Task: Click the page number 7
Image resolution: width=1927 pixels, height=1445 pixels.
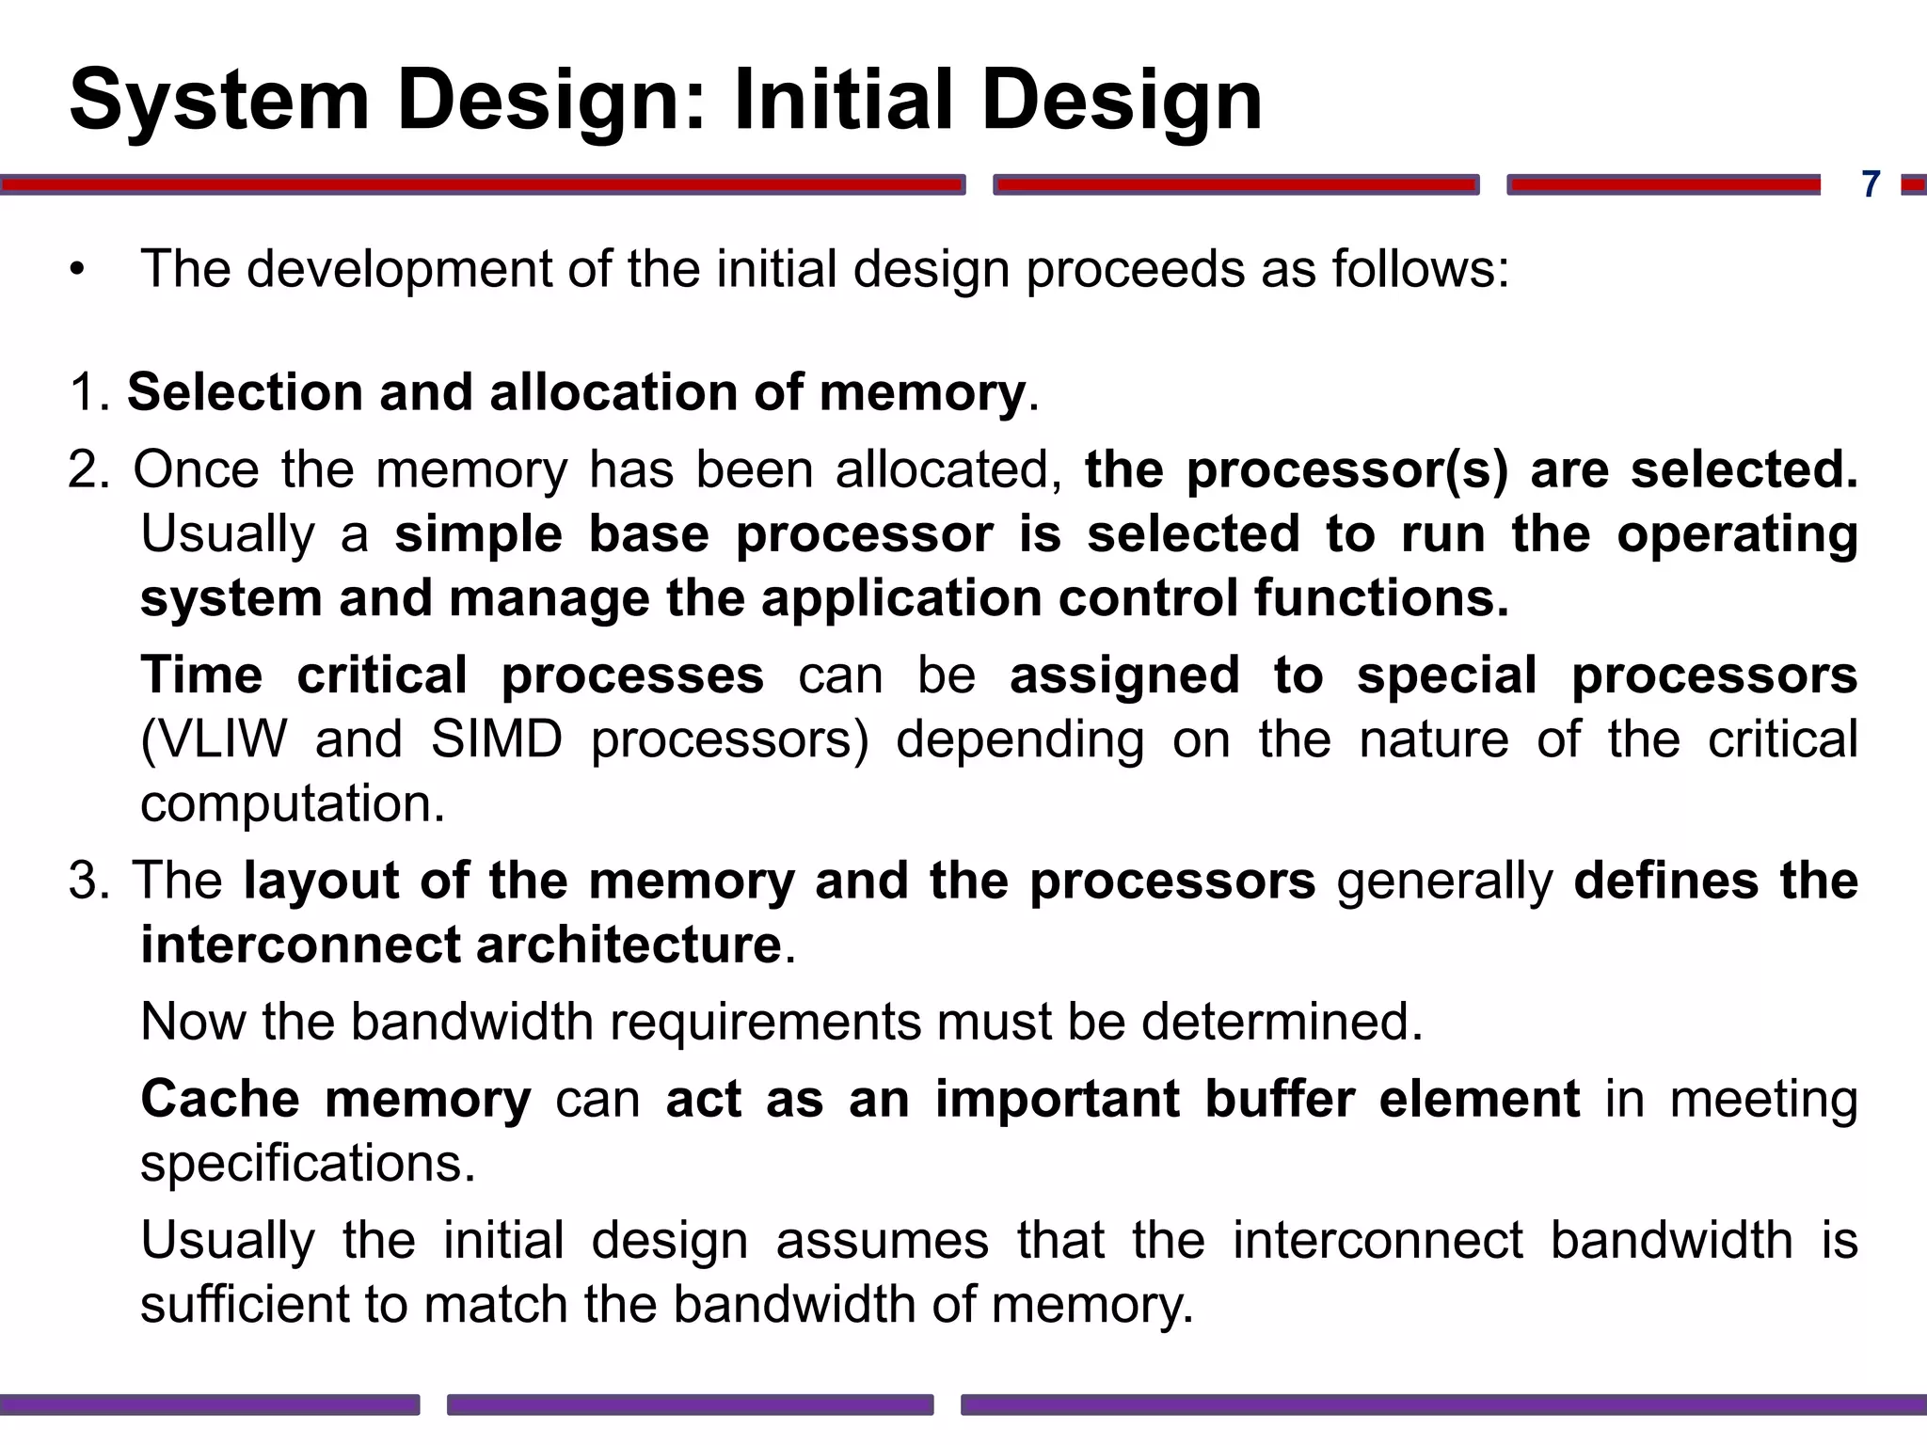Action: pos(1871,184)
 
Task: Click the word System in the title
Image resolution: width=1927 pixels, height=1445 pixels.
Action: pos(219,102)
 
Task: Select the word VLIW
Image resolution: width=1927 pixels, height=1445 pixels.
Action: pos(214,739)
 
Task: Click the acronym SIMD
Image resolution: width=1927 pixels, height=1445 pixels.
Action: pos(497,739)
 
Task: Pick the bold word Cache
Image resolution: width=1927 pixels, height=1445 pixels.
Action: pos(220,1099)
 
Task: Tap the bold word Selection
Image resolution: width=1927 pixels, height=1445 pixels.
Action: pos(245,392)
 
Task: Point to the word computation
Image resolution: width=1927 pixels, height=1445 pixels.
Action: pos(292,804)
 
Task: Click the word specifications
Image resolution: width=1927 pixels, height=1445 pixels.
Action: pos(308,1164)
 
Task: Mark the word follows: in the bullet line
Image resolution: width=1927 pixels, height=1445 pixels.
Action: pos(1420,269)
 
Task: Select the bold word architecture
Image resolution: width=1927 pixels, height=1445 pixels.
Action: pos(629,945)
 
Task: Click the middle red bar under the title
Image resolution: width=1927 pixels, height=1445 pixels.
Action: pos(1236,185)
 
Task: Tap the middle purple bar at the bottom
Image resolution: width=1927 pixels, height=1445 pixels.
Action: pos(690,1405)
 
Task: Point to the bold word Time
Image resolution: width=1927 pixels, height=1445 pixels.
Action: pos(201,675)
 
